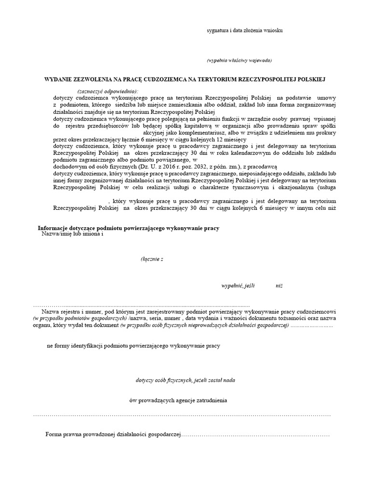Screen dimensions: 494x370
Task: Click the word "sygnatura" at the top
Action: click(x=219, y=30)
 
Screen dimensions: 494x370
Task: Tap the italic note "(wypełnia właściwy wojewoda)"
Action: click(x=239, y=60)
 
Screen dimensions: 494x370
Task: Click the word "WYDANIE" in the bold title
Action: click(x=58, y=79)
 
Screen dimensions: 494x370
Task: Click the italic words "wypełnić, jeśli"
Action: click(x=237, y=286)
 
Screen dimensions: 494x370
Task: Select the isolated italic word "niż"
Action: click(x=279, y=286)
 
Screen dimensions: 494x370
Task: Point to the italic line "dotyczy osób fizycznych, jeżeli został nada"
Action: click(x=185, y=380)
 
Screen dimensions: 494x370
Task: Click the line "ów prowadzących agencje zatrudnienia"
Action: click(x=179, y=400)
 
